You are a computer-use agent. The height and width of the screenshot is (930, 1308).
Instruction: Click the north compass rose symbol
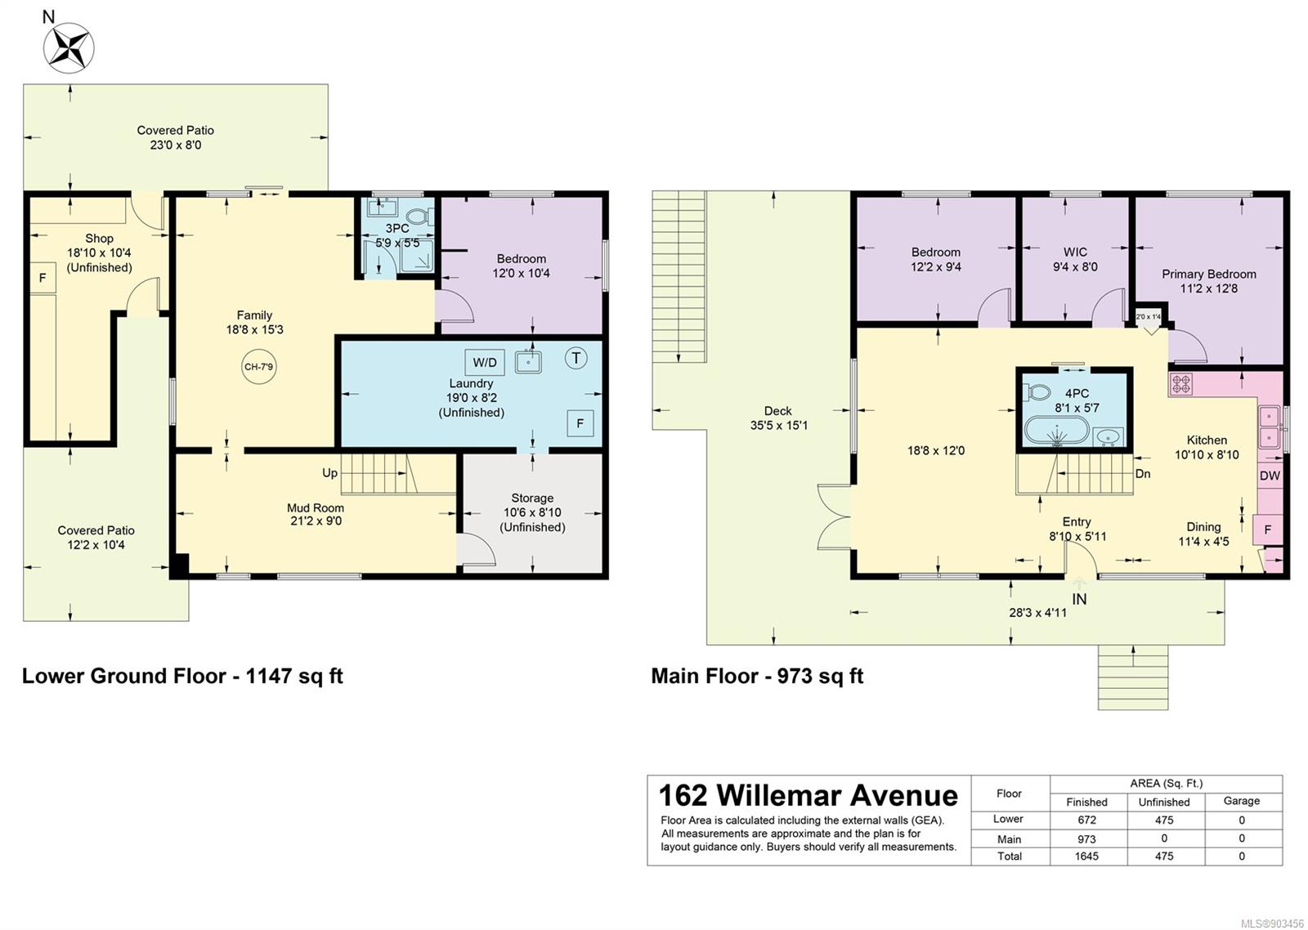pos(69,48)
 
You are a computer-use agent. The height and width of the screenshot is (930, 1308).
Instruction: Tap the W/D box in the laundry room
pos(485,363)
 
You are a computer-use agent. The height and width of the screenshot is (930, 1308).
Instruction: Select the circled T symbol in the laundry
pos(576,358)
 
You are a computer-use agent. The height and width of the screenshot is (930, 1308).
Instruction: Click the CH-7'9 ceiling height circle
pos(258,367)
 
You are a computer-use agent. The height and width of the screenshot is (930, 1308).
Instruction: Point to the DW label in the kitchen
pos(1270,476)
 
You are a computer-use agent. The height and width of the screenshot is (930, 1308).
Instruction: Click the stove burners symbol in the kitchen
pos(1180,383)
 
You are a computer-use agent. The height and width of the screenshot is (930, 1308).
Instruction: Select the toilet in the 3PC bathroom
pos(420,217)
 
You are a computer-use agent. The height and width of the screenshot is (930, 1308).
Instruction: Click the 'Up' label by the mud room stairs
pos(329,473)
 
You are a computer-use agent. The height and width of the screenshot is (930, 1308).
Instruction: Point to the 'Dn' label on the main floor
pos(1143,473)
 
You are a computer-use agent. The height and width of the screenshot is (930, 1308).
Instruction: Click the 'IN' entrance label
pos(1079,599)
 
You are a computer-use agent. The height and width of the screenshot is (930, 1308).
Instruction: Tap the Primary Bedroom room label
pos(1209,274)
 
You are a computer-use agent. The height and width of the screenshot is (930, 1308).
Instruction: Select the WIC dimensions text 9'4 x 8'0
pos(1075,266)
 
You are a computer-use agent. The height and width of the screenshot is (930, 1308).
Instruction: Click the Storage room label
pos(532,498)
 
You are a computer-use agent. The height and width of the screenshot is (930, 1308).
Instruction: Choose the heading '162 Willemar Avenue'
pos(809,795)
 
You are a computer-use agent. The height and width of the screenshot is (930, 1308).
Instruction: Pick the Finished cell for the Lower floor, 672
pos(1086,820)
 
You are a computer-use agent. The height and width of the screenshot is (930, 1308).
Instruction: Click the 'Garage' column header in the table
pos(1242,801)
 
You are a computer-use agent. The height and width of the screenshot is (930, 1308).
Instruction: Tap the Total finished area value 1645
pos(1086,856)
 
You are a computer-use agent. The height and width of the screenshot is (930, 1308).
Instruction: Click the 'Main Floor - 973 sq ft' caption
pos(757,676)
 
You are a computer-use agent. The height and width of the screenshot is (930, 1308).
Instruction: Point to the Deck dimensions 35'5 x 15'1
pos(778,425)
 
